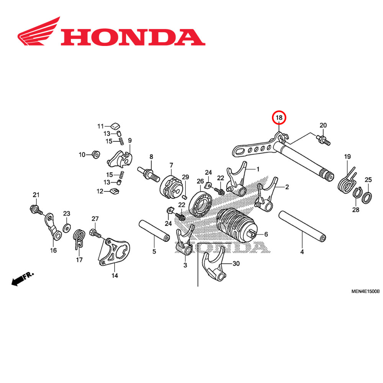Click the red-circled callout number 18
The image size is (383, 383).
(279, 118)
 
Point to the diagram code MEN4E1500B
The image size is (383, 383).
(365, 291)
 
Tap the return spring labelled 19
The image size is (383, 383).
(347, 182)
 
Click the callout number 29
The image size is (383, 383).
(185, 177)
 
